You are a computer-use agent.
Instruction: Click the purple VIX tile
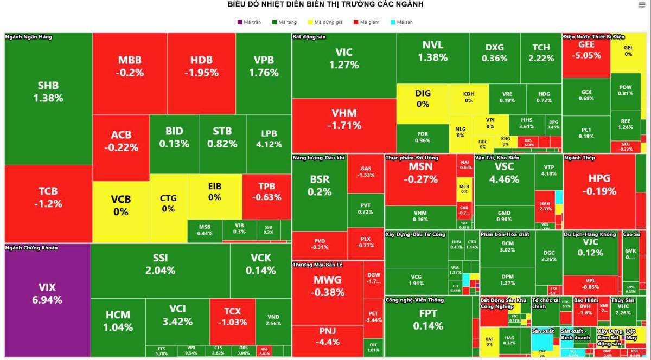pyautogui.click(x=47, y=293)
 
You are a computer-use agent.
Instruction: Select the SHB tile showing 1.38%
pyautogui.click(x=48, y=92)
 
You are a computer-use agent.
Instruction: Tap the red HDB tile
pyautogui.click(x=201, y=66)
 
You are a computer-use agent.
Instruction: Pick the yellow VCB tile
pyautogui.click(x=121, y=205)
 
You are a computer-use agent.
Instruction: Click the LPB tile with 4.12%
pyautogui.click(x=269, y=139)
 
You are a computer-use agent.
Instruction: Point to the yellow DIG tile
pyautogui.click(x=423, y=98)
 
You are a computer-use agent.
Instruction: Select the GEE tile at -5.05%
pyautogui.click(x=586, y=50)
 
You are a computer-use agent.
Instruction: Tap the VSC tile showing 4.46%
pyautogui.click(x=504, y=172)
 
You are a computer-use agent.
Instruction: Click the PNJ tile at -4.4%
pyautogui.click(x=328, y=336)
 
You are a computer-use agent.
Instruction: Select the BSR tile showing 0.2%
pyautogui.click(x=320, y=185)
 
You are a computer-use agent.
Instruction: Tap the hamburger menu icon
pyautogui.click(x=642, y=5)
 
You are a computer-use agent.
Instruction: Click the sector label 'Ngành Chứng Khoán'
pyautogui.click(x=31, y=248)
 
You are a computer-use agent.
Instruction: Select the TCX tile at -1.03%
pyautogui.click(x=232, y=317)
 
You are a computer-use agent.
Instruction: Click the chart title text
pyautogui.click(x=325, y=4)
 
